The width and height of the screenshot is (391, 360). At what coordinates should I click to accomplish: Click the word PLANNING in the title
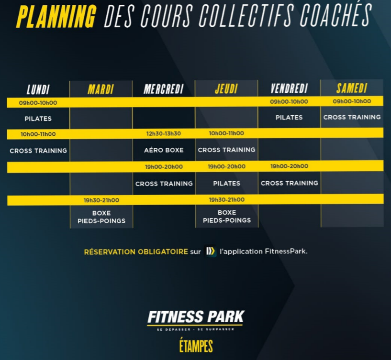tap(56, 17)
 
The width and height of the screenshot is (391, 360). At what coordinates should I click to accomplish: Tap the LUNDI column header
tap(38, 89)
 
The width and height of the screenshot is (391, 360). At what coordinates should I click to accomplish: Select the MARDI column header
tap(101, 89)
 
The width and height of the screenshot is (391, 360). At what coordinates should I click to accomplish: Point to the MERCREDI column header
tap(164, 89)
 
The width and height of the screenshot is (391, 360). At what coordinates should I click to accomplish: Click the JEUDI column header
tap(226, 89)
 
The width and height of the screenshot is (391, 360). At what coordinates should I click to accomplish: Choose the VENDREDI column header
tap(289, 88)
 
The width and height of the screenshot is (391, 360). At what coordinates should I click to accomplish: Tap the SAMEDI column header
tap(352, 88)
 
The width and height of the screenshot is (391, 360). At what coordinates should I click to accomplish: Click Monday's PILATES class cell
tap(38, 119)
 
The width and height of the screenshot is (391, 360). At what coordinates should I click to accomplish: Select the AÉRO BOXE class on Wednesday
tap(164, 150)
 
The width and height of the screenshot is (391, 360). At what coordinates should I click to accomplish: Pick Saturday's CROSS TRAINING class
tap(352, 117)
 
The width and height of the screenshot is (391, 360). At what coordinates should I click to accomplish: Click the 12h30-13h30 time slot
tap(164, 133)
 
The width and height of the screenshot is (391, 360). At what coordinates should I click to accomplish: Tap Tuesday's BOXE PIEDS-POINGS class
tap(101, 217)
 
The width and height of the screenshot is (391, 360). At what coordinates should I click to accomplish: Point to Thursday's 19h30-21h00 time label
tap(227, 199)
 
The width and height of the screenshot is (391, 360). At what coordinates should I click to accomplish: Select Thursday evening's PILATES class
tap(227, 184)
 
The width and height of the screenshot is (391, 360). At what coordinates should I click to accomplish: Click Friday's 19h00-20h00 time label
tap(289, 166)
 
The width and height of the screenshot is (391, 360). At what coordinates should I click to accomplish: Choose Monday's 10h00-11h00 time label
tap(38, 134)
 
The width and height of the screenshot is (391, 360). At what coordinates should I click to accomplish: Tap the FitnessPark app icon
tap(210, 251)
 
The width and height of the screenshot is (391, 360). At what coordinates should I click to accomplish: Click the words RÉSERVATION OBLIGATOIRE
tap(136, 251)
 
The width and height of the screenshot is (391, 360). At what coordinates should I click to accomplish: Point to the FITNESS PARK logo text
tap(196, 317)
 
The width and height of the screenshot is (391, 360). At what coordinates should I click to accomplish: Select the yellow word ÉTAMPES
tap(196, 346)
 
